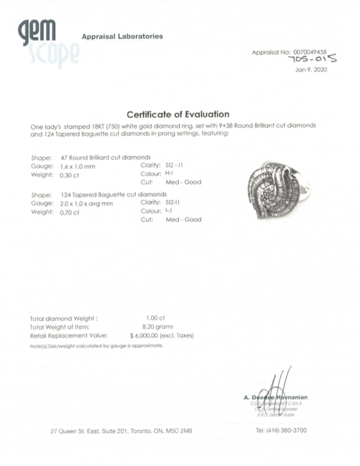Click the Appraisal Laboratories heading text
click(x=122, y=36)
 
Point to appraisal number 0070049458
click(x=312, y=52)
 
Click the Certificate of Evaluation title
click(x=178, y=114)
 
